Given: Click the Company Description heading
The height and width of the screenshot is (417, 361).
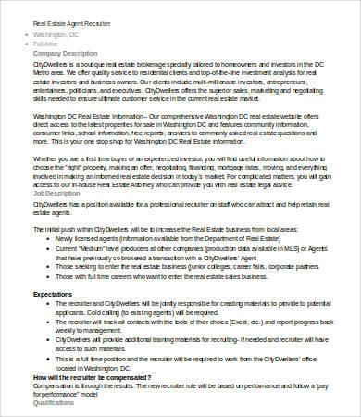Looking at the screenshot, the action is [x=65, y=53].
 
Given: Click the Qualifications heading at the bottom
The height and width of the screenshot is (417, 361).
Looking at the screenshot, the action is [x=55, y=403].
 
